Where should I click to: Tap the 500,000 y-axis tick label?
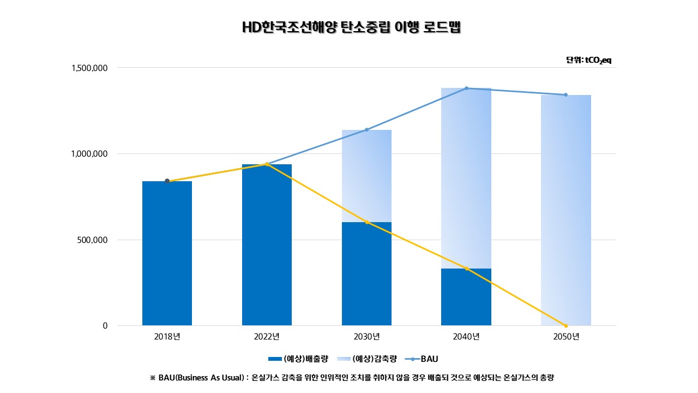pos(93,240)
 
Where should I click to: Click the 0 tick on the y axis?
pos(105,326)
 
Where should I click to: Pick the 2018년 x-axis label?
pos(167,337)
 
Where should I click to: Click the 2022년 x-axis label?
pos(267,337)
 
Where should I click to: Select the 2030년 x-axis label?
pos(366,337)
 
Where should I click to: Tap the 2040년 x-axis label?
pos(466,337)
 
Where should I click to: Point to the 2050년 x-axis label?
pos(565,337)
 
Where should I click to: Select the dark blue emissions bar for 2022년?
pos(267,245)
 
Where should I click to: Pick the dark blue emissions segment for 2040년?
pos(466,297)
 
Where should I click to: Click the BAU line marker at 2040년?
pos(466,88)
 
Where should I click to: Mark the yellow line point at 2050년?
pos(565,326)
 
